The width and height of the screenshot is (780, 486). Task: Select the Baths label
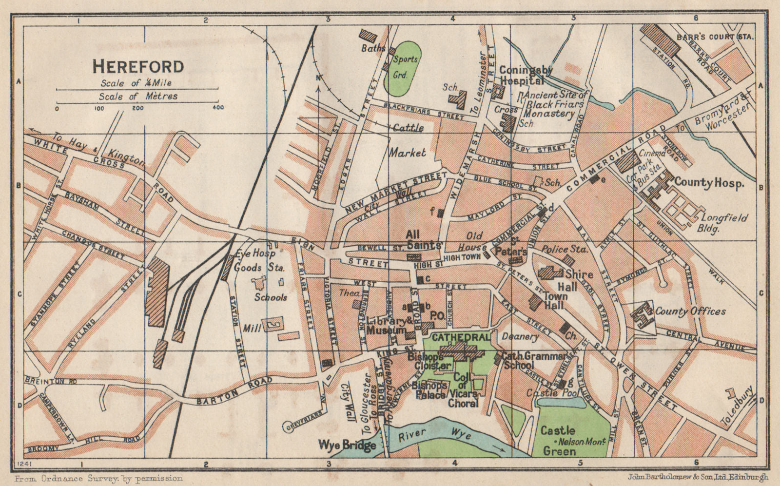373,48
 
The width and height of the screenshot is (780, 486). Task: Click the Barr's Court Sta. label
715,37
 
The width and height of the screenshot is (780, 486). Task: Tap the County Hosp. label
709,183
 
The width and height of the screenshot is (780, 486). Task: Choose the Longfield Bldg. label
723,223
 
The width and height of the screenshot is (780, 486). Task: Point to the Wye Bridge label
347,445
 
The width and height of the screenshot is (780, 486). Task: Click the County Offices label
690,311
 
